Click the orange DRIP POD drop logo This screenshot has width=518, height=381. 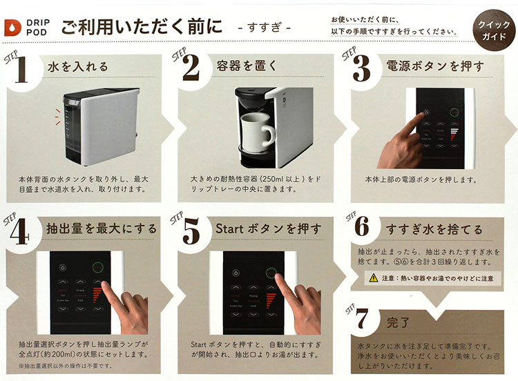tap(12, 27)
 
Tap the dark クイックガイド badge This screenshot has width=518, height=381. tap(491, 28)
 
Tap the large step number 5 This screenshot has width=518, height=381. tap(191, 233)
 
